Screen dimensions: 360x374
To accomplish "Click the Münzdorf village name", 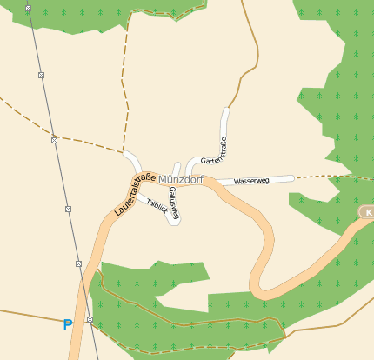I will point(181,178).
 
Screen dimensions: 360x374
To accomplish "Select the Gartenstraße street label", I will point(214,151).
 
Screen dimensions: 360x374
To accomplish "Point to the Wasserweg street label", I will point(251,181).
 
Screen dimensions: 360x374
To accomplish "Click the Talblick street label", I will point(157,206).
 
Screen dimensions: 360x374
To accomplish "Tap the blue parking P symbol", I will point(68,325).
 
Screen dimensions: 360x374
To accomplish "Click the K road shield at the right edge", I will point(368,212).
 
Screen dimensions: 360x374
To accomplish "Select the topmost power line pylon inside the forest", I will point(28,8).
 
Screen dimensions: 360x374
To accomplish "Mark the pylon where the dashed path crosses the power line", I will point(54,139).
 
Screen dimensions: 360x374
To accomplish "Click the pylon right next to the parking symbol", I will point(90,320).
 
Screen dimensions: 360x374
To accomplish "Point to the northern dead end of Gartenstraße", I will point(226,111).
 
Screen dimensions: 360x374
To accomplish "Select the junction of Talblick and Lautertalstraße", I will point(137,197).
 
